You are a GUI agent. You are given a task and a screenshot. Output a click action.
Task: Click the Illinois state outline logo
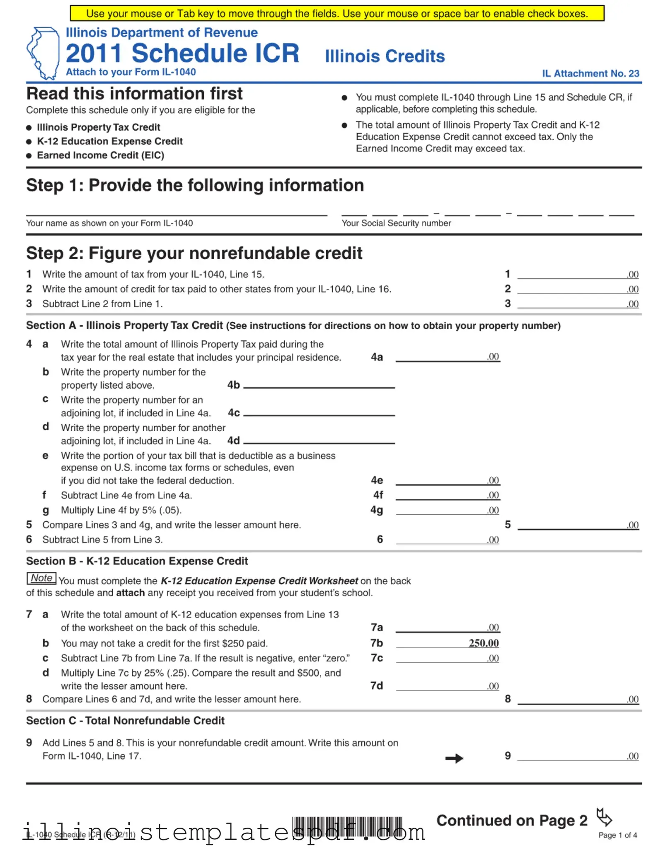[x=43, y=53]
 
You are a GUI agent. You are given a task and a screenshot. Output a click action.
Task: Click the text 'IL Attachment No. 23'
[x=590, y=73]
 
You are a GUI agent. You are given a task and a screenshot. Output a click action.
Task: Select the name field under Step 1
[x=177, y=210]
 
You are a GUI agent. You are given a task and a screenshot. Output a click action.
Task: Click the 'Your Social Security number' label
[x=396, y=223]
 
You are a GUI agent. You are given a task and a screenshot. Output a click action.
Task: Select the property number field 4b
[x=319, y=383]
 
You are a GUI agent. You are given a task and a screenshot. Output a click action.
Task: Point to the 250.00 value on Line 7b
[x=483, y=643]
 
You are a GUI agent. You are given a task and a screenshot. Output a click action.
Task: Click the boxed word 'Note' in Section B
[x=41, y=578]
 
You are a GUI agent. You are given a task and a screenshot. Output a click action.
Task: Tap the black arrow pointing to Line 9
[x=454, y=758]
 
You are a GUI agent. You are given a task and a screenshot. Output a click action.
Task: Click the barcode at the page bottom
[x=347, y=827]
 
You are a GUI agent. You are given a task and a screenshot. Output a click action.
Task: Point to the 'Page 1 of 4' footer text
[x=617, y=835]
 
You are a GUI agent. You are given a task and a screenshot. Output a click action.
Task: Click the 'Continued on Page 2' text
[x=512, y=821]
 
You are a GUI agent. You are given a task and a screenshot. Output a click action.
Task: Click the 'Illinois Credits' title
[x=385, y=56]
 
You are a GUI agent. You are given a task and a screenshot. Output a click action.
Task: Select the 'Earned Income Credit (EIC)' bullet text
[x=100, y=155]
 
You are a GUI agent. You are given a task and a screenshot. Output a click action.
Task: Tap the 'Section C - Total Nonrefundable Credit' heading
[x=125, y=721]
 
